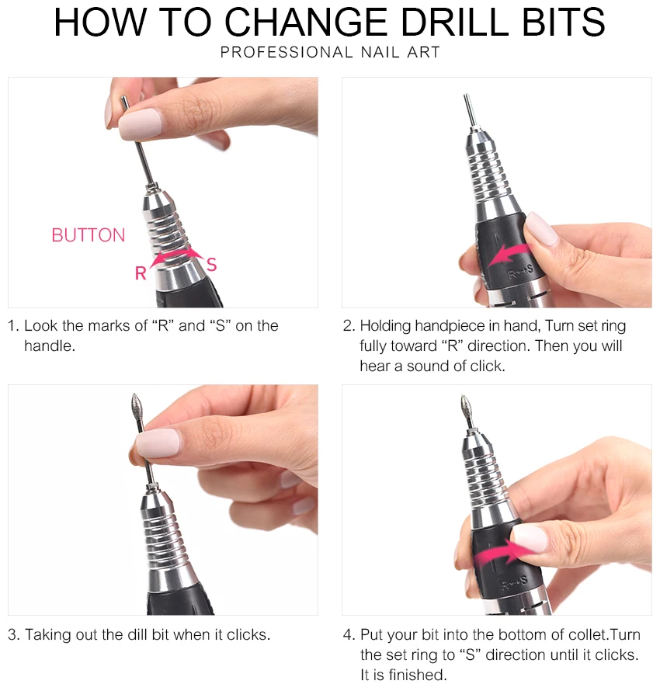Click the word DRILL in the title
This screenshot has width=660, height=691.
coord(455,22)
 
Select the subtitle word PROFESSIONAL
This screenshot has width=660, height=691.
coord(287,52)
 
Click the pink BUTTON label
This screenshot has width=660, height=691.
coord(88,235)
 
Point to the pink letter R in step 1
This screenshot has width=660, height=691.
coord(141,273)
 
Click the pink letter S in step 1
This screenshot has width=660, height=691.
coord(212,265)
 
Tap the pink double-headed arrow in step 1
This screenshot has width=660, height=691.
coord(176,255)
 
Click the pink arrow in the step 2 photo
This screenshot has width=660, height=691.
coord(509,255)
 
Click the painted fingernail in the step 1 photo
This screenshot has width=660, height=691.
coord(140,123)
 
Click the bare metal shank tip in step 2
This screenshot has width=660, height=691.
coord(469,109)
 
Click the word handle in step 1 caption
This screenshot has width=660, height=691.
coord(50,346)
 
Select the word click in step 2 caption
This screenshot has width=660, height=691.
coord(486,366)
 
